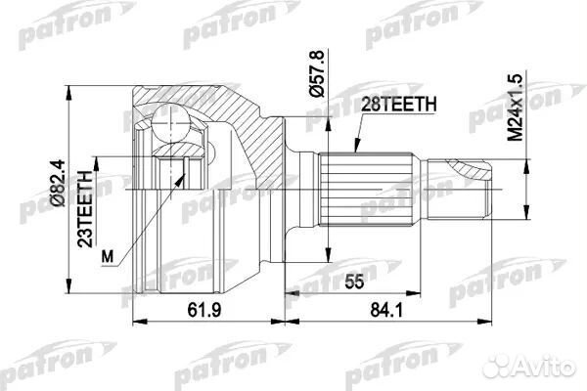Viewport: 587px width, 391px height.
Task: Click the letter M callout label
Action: coord(108,256)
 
